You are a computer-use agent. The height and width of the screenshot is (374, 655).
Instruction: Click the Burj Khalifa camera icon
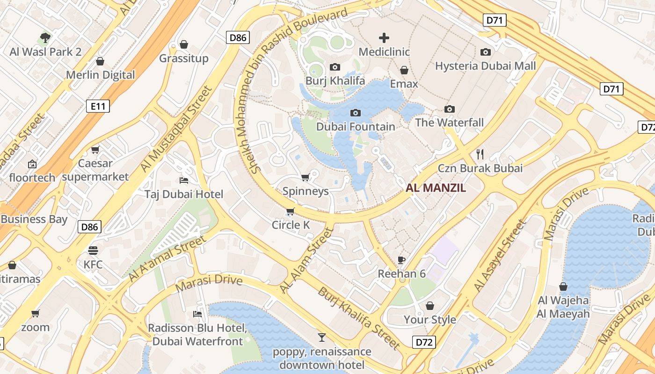(x=335, y=67)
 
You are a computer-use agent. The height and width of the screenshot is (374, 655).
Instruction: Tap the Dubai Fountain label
(x=356, y=127)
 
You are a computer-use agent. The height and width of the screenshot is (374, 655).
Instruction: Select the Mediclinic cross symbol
(x=384, y=38)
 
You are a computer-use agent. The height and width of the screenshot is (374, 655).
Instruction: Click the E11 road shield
(x=98, y=106)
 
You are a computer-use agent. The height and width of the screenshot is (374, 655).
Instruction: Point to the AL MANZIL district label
(x=436, y=188)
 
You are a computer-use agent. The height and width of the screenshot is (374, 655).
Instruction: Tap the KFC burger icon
(x=93, y=251)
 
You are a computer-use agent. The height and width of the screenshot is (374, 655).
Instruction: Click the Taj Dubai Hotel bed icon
(x=184, y=180)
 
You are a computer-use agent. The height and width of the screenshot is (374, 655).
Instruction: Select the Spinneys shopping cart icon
(x=306, y=177)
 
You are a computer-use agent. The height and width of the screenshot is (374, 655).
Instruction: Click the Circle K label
(x=291, y=225)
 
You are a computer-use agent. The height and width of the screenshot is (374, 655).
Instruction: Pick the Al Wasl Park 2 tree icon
(x=45, y=38)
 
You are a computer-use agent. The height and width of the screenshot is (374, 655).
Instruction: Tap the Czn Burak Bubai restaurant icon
(x=480, y=154)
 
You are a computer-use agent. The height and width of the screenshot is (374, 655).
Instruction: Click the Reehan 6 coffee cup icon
(x=401, y=260)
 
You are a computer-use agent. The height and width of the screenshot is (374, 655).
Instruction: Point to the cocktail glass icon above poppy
(x=321, y=337)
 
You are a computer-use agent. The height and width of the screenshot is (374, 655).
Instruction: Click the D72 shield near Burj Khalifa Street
(x=424, y=342)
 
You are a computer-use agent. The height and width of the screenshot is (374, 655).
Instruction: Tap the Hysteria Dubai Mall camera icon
(x=486, y=52)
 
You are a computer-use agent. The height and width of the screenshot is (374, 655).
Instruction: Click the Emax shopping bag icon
(x=404, y=70)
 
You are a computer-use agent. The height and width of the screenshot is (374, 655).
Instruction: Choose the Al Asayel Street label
(x=500, y=256)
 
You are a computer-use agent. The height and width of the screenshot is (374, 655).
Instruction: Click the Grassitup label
(x=184, y=58)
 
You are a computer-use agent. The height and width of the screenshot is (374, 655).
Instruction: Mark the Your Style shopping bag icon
(x=430, y=306)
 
